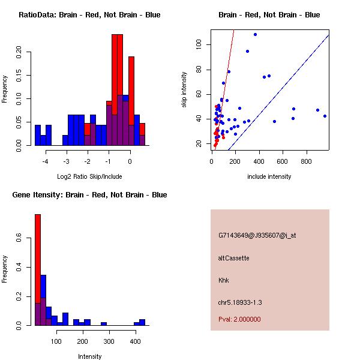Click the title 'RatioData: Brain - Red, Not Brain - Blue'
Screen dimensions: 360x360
pyautogui.click(x=89, y=15)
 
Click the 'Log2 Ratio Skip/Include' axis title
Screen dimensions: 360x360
pyautogui.click(x=89, y=176)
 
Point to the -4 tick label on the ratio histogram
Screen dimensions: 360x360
pyautogui.click(x=45, y=161)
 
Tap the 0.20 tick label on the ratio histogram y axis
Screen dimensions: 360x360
pyautogui.click(x=19, y=52)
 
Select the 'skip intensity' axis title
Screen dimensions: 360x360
pyautogui.click(x=184, y=89)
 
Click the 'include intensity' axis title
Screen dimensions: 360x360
pyautogui.click(x=269, y=176)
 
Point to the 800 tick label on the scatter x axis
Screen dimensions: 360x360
pyautogui.click(x=306, y=161)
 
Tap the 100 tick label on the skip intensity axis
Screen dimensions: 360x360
pyautogui.click(x=199, y=44)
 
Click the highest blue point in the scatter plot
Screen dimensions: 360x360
pyautogui.click(x=256, y=35)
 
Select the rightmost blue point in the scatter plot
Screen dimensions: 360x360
pyautogui.click(x=325, y=116)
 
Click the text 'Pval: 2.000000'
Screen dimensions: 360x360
pyautogui.click(x=239, y=319)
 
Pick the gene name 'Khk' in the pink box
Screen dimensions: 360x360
pyautogui.click(x=224, y=280)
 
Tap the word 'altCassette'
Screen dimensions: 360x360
pyautogui.click(x=234, y=258)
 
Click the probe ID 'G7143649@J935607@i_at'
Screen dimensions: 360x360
pyautogui.click(x=257, y=236)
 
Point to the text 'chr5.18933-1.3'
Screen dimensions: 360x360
pyautogui.click(x=240, y=302)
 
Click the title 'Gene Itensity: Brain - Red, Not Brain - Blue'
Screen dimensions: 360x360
pyautogui.click(x=89, y=195)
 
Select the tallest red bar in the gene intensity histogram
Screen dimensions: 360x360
pyautogui.click(x=38, y=270)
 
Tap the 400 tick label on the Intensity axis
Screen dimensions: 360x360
pyautogui.click(x=135, y=341)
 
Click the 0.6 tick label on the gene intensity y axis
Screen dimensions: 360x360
pyautogui.click(x=19, y=238)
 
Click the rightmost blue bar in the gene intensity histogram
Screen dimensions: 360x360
pyautogui.click(x=142, y=322)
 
